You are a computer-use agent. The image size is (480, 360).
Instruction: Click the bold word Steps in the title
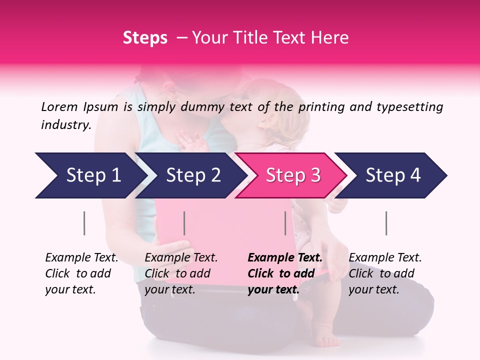click(x=145, y=38)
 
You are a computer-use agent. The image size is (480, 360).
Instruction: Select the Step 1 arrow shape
click(x=90, y=175)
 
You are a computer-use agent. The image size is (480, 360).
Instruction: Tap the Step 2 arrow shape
click(x=190, y=175)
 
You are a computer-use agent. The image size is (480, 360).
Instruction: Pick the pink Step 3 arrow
click(x=291, y=175)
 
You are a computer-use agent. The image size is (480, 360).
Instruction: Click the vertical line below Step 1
click(x=84, y=223)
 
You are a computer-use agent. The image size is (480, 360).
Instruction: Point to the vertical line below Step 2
click(x=184, y=223)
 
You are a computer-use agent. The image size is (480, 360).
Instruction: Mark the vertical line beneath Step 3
click(x=285, y=223)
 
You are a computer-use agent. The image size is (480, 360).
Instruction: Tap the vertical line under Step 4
click(x=386, y=223)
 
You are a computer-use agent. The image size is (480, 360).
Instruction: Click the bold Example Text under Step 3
click(x=285, y=273)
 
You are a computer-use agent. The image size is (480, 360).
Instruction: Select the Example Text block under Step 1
click(x=82, y=273)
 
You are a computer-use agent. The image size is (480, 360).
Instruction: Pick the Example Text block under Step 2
click(x=181, y=273)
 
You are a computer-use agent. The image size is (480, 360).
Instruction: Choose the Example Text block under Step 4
click(x=385, y=273)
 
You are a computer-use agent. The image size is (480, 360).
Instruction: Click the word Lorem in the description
click(x=59, y=106)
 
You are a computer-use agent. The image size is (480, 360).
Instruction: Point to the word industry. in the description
click(x=66, y=125)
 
